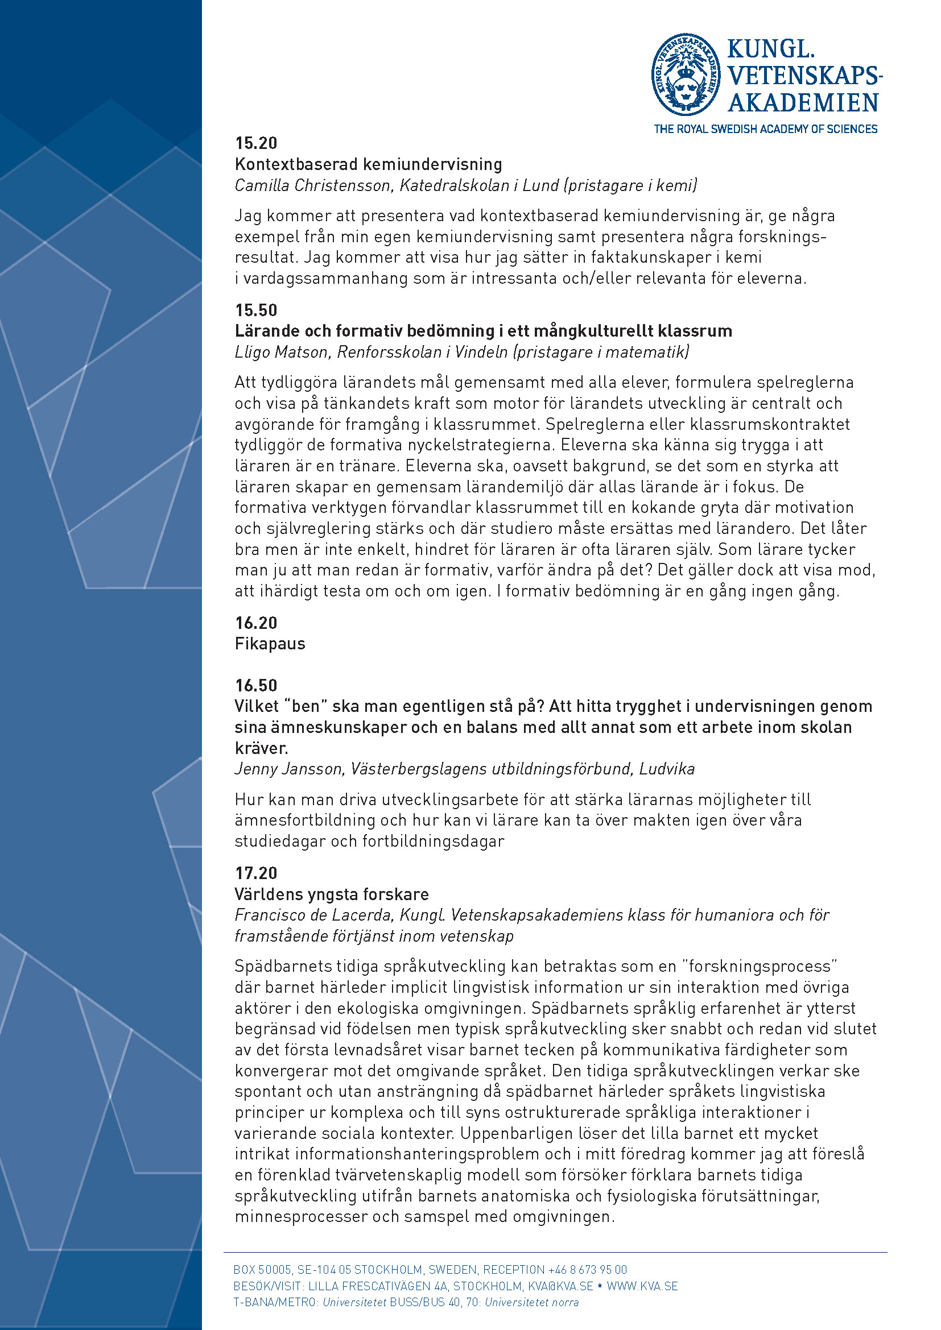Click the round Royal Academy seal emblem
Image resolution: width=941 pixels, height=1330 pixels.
tap(686, 74)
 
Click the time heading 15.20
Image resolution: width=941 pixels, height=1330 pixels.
tap(256, 143)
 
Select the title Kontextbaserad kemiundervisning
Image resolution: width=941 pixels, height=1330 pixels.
tap(369, 164)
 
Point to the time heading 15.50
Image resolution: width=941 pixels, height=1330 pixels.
tap(256, 310)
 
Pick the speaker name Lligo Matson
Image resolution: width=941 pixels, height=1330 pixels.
tap(282, 352)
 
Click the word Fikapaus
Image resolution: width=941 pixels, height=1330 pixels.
tap(270, 644)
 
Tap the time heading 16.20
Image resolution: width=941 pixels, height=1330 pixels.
tap(256, 623)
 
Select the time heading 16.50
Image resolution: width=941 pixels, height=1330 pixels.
tap(256, 685)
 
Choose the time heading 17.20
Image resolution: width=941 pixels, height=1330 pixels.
tap(256, 873)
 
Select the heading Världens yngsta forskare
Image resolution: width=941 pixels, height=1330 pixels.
tap(332, 894)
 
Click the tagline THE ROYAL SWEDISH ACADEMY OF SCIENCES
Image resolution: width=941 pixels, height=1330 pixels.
tap(765, 129)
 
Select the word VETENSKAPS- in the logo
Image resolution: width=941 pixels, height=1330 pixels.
tap(805, 76)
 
